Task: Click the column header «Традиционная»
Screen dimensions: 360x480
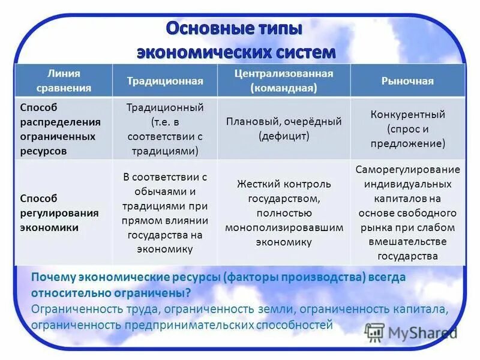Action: pos(164,81)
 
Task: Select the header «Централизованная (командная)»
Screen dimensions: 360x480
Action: pos(284,80)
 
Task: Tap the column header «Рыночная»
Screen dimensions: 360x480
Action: pos(407,81)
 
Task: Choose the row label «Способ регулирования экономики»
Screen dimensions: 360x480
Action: pos(60,213)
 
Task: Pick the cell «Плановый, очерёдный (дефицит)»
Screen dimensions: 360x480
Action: pos(284,128)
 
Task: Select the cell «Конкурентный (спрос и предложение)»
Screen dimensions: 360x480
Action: pos(407,128)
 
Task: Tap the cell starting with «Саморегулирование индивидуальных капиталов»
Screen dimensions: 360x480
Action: pos(407,212)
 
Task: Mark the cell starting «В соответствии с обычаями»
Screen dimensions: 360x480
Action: pos(164,212)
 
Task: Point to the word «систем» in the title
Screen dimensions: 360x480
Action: pos(302,52)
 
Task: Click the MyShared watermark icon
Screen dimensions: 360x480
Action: pos(374,332)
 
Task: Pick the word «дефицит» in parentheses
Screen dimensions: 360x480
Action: pos(284,136)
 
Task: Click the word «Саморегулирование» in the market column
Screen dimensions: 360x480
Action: pos(407,169)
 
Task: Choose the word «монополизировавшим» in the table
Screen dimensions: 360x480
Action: pos(284,228)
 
